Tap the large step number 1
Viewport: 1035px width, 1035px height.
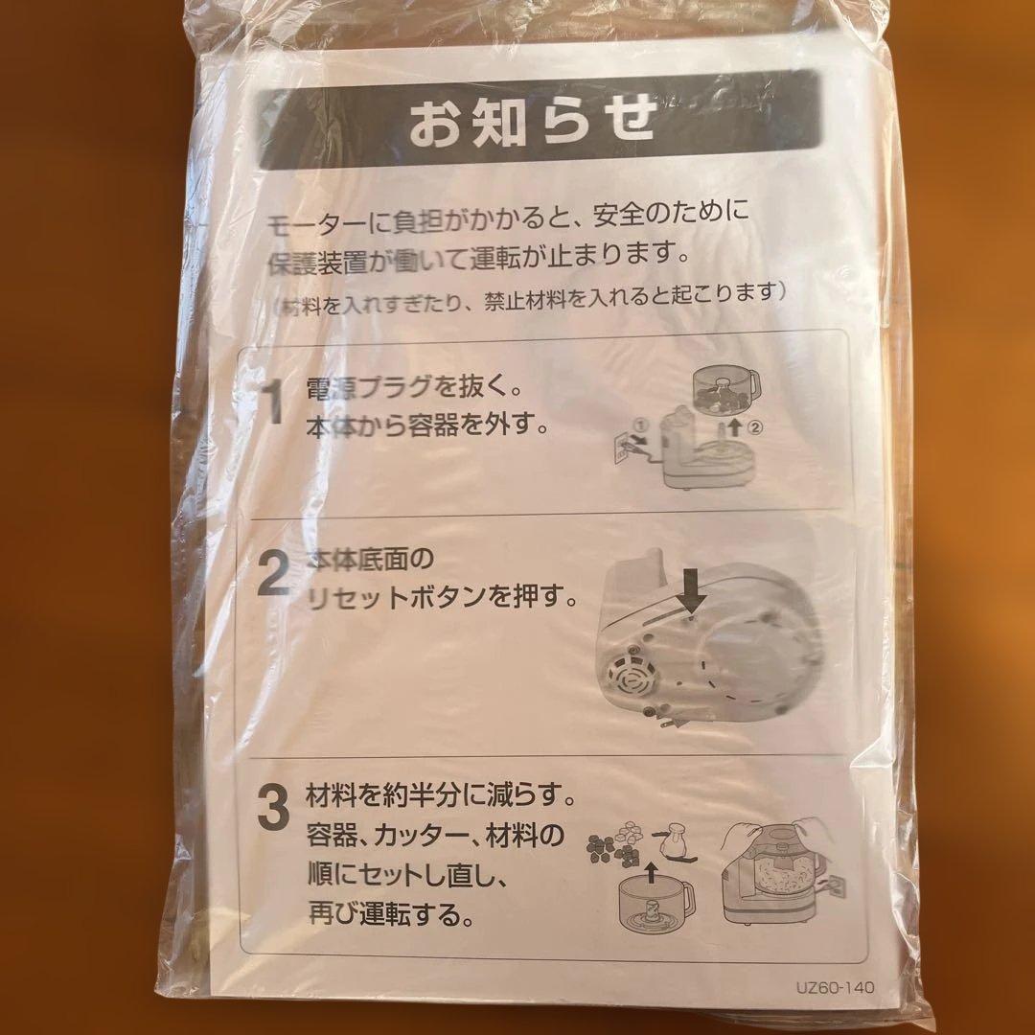pos(272,404)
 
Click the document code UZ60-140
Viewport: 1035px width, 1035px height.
pos(835,987)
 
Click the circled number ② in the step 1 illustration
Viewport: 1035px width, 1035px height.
pos(755,427)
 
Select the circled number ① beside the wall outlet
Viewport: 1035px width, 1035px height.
pos(639,424)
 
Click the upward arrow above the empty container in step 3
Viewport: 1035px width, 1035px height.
pos(651,872)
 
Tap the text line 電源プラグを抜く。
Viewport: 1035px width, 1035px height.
pos(414,388)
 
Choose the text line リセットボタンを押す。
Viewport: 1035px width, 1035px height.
pos(442,598)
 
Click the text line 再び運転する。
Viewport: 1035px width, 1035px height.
pos(391,914)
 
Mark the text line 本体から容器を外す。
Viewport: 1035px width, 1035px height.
pos(426,426)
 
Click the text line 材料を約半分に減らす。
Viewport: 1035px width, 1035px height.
pos(441,795)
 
